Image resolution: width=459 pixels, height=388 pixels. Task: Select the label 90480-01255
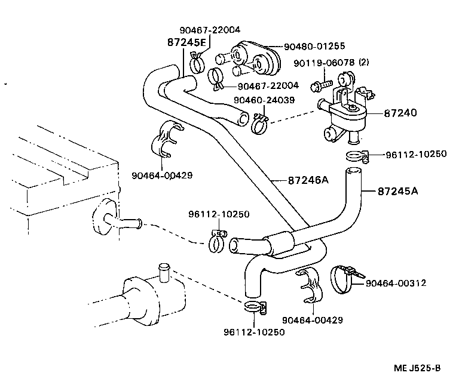point(314,45)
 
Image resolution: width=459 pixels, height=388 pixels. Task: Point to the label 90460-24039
point(264,100)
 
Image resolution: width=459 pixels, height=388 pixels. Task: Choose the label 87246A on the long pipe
point(309,180)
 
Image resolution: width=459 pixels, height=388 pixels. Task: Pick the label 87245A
point(397,192)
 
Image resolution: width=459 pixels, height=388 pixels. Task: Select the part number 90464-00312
point(396,283)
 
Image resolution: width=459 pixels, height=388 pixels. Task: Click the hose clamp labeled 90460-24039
point(259,124)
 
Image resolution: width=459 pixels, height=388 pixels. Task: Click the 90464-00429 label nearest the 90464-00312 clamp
point(313,320)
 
